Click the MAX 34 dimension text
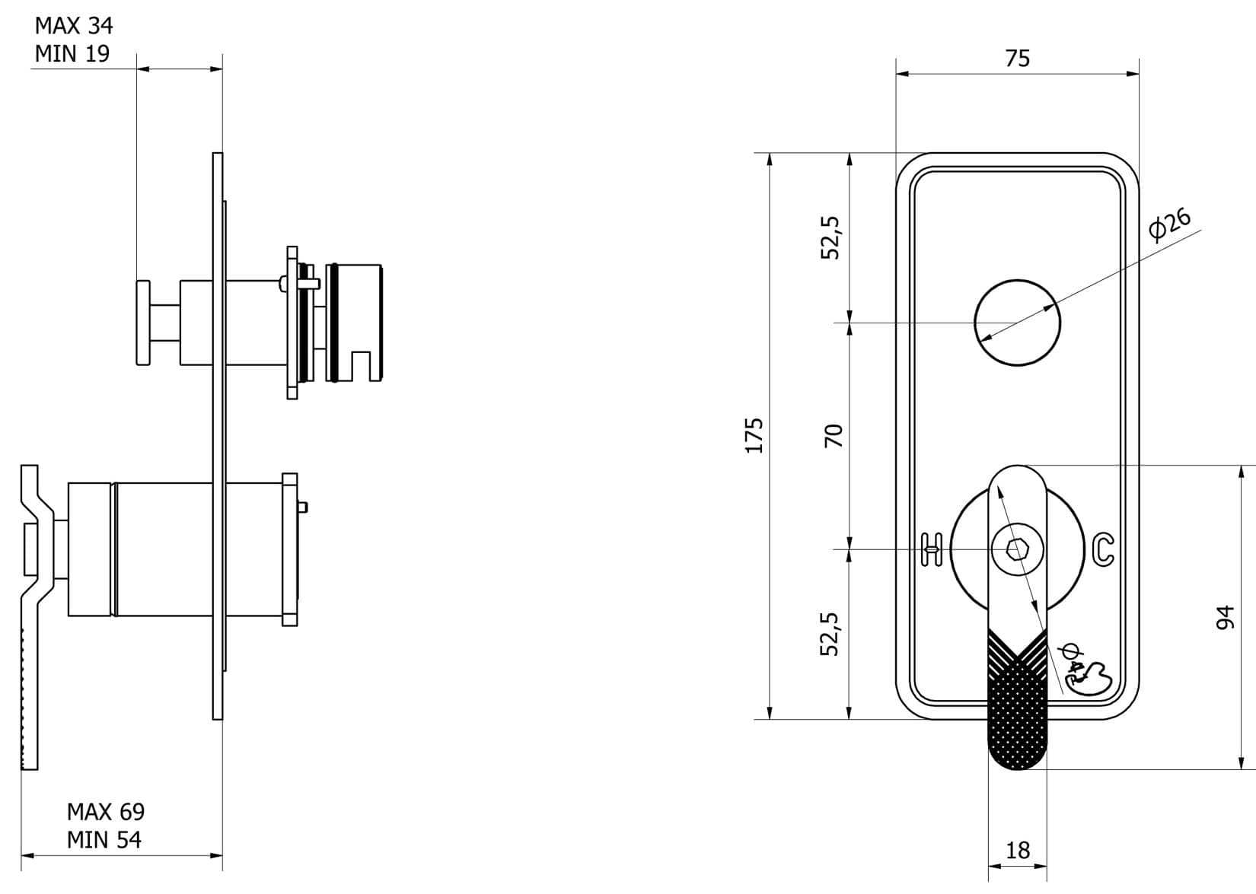coord(74,26)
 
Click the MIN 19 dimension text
coord(72,54)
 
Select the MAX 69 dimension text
coord(105,812)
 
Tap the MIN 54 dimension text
coord(104,840)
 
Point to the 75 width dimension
coord(1017,59)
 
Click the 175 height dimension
coord(754,435)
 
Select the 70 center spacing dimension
coord(834,435)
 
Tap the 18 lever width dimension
coord(1017,850)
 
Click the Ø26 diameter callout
coord(1170,224)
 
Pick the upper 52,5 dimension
coord(830,237)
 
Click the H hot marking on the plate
coord(932,549)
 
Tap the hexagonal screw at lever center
coord(1016,549)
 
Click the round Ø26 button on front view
coord(1017,322)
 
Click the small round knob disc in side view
coord(143,322)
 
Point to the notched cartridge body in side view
coord(355,322)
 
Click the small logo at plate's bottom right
coord(1090,676)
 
